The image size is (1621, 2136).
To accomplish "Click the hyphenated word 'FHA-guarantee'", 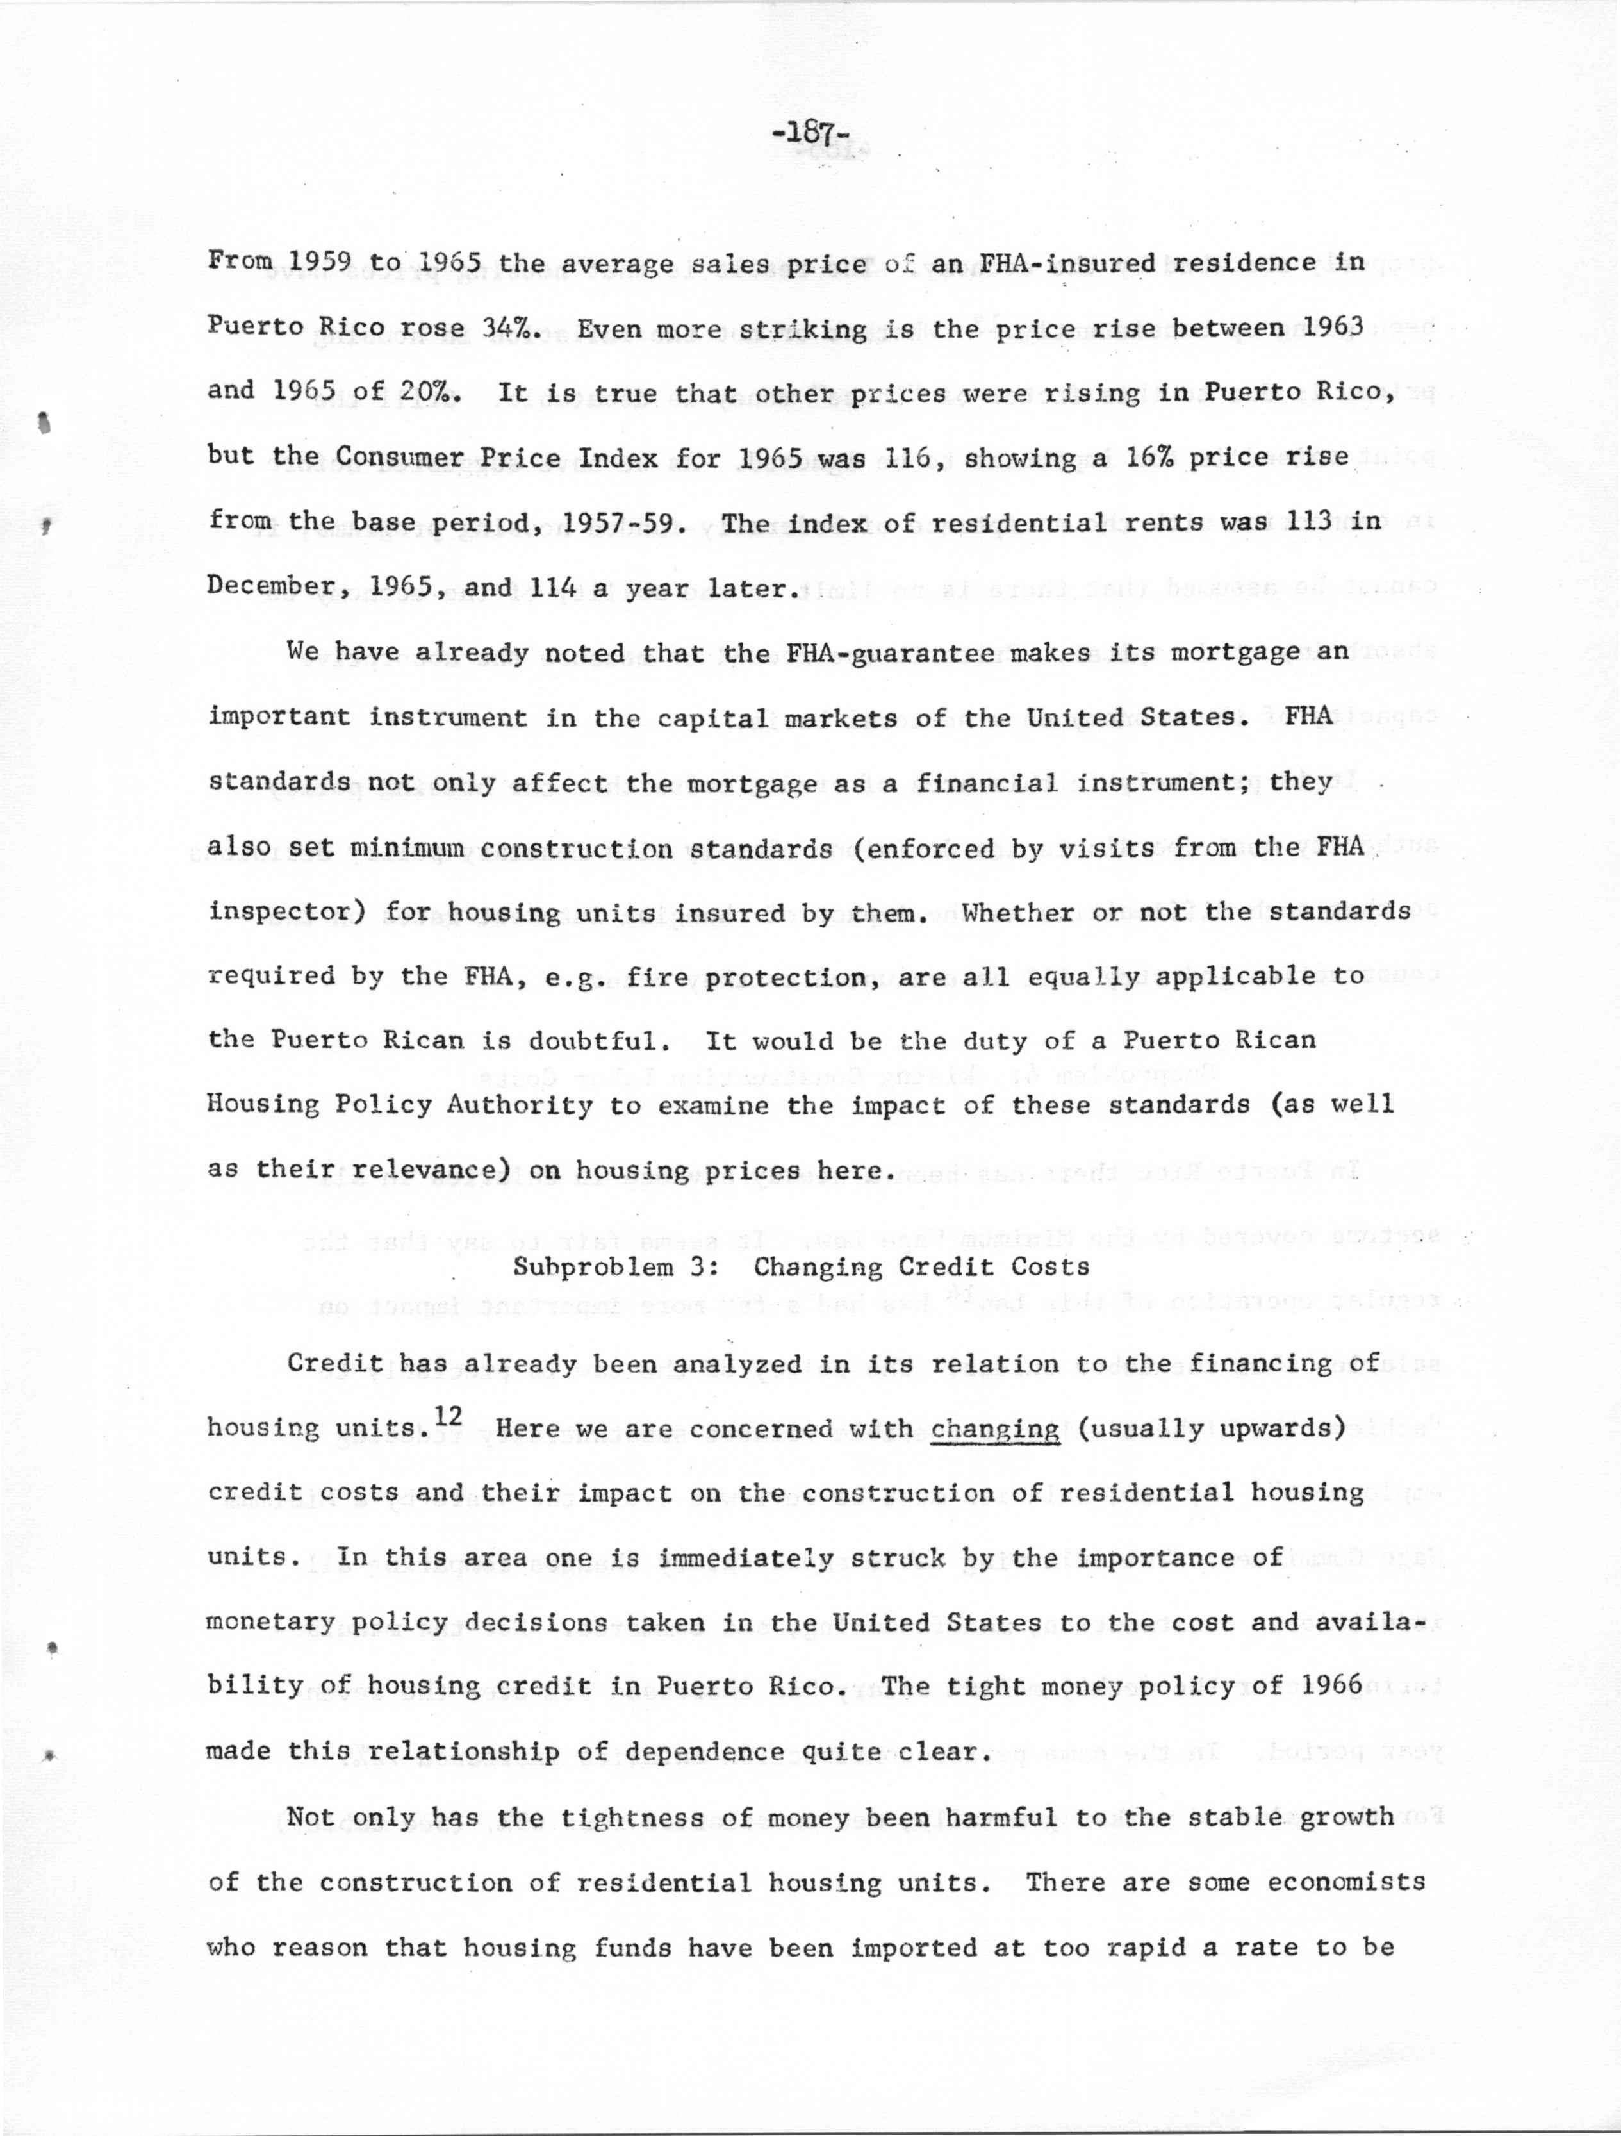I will pos(890,652).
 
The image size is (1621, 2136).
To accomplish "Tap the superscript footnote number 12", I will pos(448,1416).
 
